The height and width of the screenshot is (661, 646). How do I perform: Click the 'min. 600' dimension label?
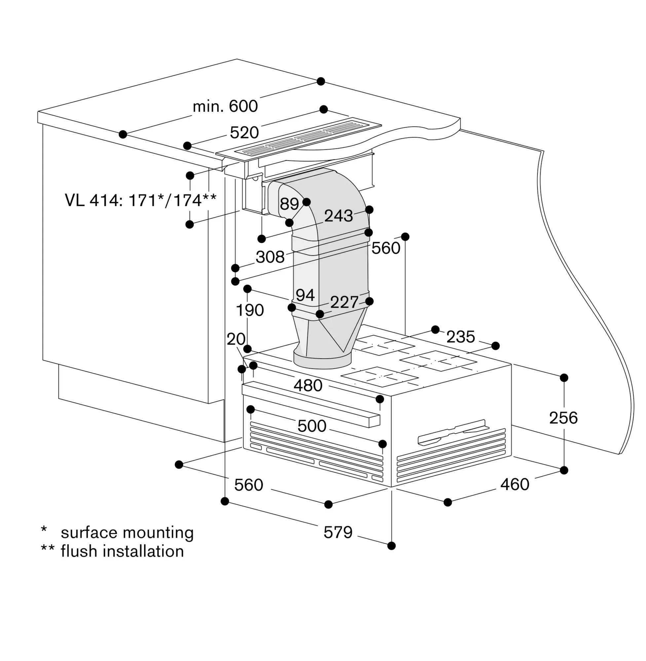click(225, 106)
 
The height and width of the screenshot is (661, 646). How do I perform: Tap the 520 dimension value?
click(244, 132)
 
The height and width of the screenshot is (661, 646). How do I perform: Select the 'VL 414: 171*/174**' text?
click(140, 200)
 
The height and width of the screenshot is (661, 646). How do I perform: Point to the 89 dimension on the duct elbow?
click(289, 204)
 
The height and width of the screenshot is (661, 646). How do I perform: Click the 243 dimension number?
click(339, 216)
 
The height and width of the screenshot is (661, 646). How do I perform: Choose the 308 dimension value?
click(270, 257)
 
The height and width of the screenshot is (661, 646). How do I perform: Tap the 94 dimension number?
click(305, 295)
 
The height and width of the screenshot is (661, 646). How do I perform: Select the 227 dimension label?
click(344, 302)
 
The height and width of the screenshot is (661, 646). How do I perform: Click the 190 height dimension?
click(250, 310)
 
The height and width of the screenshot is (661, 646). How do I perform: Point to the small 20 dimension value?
click(236, 339)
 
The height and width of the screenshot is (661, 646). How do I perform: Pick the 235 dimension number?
click(460, 337)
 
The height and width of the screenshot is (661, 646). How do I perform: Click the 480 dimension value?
click(308, 385)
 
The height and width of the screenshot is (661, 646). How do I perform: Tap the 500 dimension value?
click(312, 426)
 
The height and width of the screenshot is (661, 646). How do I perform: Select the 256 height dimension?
click(563, 418)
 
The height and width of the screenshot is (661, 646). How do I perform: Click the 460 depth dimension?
click(515, 484)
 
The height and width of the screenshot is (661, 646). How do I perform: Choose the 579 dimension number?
click(338, 532)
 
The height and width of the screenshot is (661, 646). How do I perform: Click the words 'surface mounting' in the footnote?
click(127, 533)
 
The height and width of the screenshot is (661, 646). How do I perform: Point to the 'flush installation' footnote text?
click(122, 551)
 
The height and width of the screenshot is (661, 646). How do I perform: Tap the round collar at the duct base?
click(322, 360)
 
